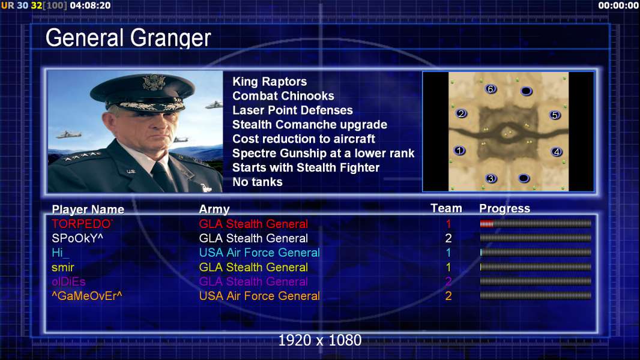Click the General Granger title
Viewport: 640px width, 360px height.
click(128, 38)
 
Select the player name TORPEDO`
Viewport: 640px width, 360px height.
click(82, 224)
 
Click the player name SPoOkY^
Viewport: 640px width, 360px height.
click(77, 238)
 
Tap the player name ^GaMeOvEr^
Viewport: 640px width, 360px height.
click(87, 296)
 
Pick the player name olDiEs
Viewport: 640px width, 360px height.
click(68, 282)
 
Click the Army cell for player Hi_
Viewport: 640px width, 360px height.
click(259, 253)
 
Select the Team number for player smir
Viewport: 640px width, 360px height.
click(448, 268)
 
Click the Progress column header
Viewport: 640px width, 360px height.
click(504, 209)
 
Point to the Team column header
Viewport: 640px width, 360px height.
click(446, 208)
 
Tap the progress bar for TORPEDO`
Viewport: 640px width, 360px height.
click(536, 223)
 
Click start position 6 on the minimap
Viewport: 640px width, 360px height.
click(491, 89)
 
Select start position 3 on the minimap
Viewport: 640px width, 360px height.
click(491, 178)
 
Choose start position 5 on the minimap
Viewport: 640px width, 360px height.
click(555, 115)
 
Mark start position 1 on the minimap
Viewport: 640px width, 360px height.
click(460, 151)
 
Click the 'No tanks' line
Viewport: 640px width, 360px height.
click(257, 182)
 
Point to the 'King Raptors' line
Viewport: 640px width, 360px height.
click(270, 82)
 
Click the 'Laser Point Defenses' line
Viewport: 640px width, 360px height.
click(292, 110)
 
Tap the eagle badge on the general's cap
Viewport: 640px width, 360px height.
click(154, 82)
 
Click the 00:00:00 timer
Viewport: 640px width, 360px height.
click(618, 5)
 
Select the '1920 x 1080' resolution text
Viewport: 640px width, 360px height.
click(319, 340)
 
